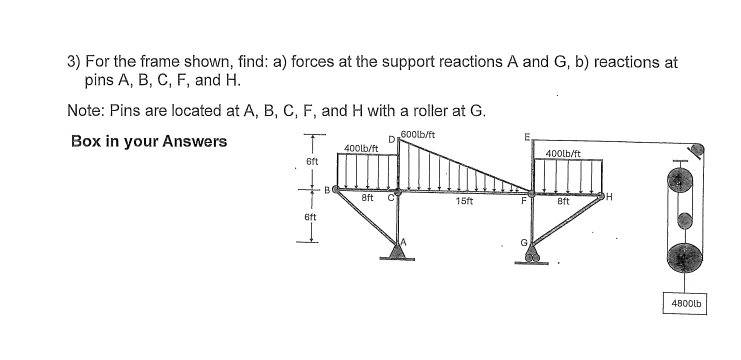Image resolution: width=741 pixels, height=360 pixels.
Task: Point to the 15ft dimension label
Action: coord(463,201)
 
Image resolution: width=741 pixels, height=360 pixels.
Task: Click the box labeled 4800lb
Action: coord(683,300)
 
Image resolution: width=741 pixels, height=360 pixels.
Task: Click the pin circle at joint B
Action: coord(335,189)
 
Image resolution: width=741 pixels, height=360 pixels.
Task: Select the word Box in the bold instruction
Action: coord(86,140)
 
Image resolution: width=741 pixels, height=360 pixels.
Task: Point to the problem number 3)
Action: coord(73,61)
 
